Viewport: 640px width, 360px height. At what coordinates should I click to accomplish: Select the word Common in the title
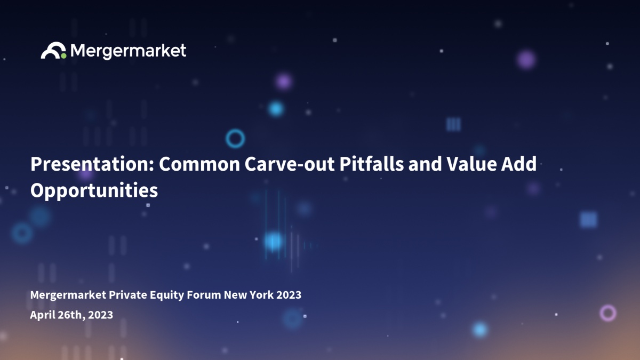199,164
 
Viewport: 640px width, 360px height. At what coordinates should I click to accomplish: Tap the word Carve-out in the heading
290,164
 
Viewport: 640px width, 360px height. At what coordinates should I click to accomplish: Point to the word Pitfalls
372,164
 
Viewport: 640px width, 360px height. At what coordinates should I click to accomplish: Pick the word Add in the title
519,164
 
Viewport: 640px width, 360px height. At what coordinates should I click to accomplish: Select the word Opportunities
94,191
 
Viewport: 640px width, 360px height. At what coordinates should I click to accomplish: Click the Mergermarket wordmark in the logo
129,51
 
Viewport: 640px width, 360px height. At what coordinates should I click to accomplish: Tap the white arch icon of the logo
53,50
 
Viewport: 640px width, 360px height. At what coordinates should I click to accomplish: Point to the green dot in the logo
63,56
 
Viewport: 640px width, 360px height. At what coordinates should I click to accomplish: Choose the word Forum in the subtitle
204,295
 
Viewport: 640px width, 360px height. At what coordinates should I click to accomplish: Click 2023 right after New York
289,295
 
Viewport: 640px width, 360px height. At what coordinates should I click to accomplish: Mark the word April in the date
42,315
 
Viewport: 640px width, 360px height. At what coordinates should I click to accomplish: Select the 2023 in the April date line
101,315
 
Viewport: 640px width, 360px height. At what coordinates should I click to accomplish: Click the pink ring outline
608,305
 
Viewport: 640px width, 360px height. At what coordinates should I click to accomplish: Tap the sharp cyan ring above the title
235,130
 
